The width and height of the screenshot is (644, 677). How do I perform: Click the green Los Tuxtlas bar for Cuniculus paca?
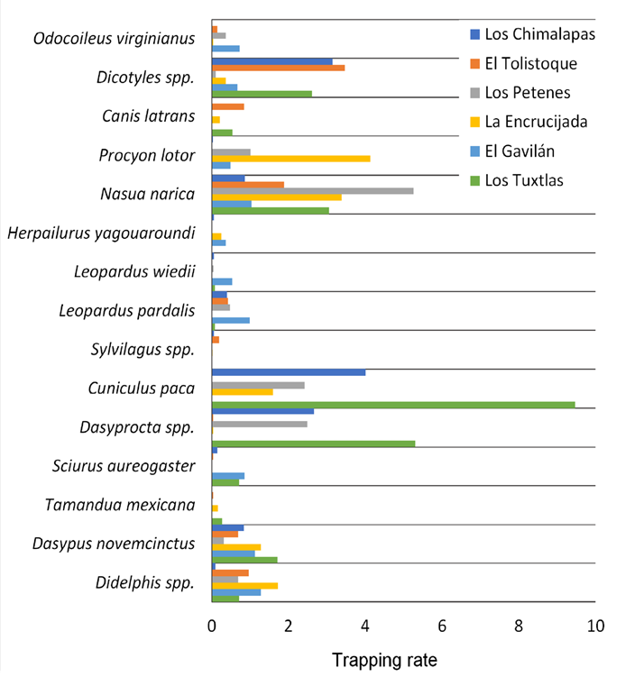[392, 405]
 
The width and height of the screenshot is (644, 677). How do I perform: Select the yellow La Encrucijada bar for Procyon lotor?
[290, 159]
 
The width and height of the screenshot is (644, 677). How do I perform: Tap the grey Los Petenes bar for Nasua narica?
[312, 190]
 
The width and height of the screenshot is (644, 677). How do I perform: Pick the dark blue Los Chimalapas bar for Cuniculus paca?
[288, 371]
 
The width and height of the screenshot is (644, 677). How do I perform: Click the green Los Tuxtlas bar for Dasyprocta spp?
[313, 443]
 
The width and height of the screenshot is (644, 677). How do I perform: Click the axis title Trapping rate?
[384, 660]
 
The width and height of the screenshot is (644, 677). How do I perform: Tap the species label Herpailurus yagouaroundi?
[101, 233]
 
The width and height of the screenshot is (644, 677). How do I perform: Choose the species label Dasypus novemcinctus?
[114, 544]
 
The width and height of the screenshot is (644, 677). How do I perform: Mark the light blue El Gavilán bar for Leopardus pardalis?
[230, 320]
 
